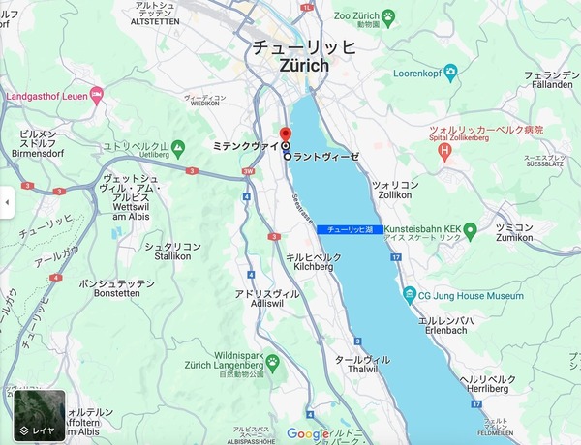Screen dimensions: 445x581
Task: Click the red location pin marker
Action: [x=285, y=134]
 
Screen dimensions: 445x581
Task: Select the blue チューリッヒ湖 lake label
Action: [x=350, y=228]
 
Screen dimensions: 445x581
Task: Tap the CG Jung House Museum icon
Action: [x=408, y=296]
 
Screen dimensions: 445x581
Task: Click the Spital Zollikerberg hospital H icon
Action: [x=444, y=152]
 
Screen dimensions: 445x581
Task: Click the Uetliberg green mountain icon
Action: [x=178, y=150]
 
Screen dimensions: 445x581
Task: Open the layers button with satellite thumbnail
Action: [x=40, y=415]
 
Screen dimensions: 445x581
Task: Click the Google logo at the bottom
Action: [x=309, y=434]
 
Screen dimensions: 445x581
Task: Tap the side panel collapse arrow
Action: [x=7, y=203]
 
